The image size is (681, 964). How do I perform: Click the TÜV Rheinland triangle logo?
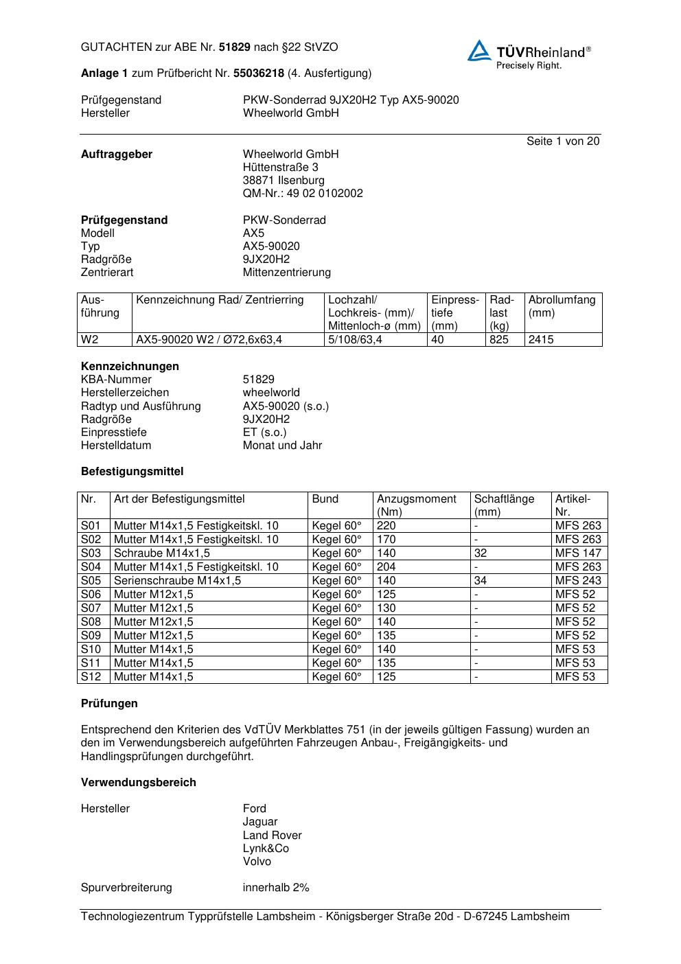pos(479,51)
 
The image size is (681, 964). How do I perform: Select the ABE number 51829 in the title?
pos(235,47)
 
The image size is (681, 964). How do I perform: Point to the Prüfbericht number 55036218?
pos(259,73)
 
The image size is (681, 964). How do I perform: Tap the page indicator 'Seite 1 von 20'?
pos(562,141)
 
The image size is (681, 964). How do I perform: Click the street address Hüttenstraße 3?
pos(280,168)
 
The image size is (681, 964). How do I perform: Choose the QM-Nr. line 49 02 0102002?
pos(303,194)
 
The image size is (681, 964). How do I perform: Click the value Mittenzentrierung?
pos(286,273)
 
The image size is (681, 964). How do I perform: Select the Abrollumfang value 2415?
pos(541,340)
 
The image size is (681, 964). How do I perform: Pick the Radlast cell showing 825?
pos(499,340)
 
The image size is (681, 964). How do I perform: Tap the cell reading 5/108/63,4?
pos(356,340)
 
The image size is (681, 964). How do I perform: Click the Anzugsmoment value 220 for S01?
pos(386,526)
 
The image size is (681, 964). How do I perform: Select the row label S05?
pos(91,581)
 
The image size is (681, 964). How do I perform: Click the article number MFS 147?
pos(577,553)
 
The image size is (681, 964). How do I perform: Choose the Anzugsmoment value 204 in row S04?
pos(386,567)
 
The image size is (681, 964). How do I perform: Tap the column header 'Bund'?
pos(325,499)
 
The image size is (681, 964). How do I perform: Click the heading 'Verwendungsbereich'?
pos(139,783)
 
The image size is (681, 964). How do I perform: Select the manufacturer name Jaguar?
pos(260,822)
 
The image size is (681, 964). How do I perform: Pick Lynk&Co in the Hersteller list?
pos(266,849)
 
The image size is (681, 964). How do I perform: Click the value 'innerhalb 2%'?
pos(276,888)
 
